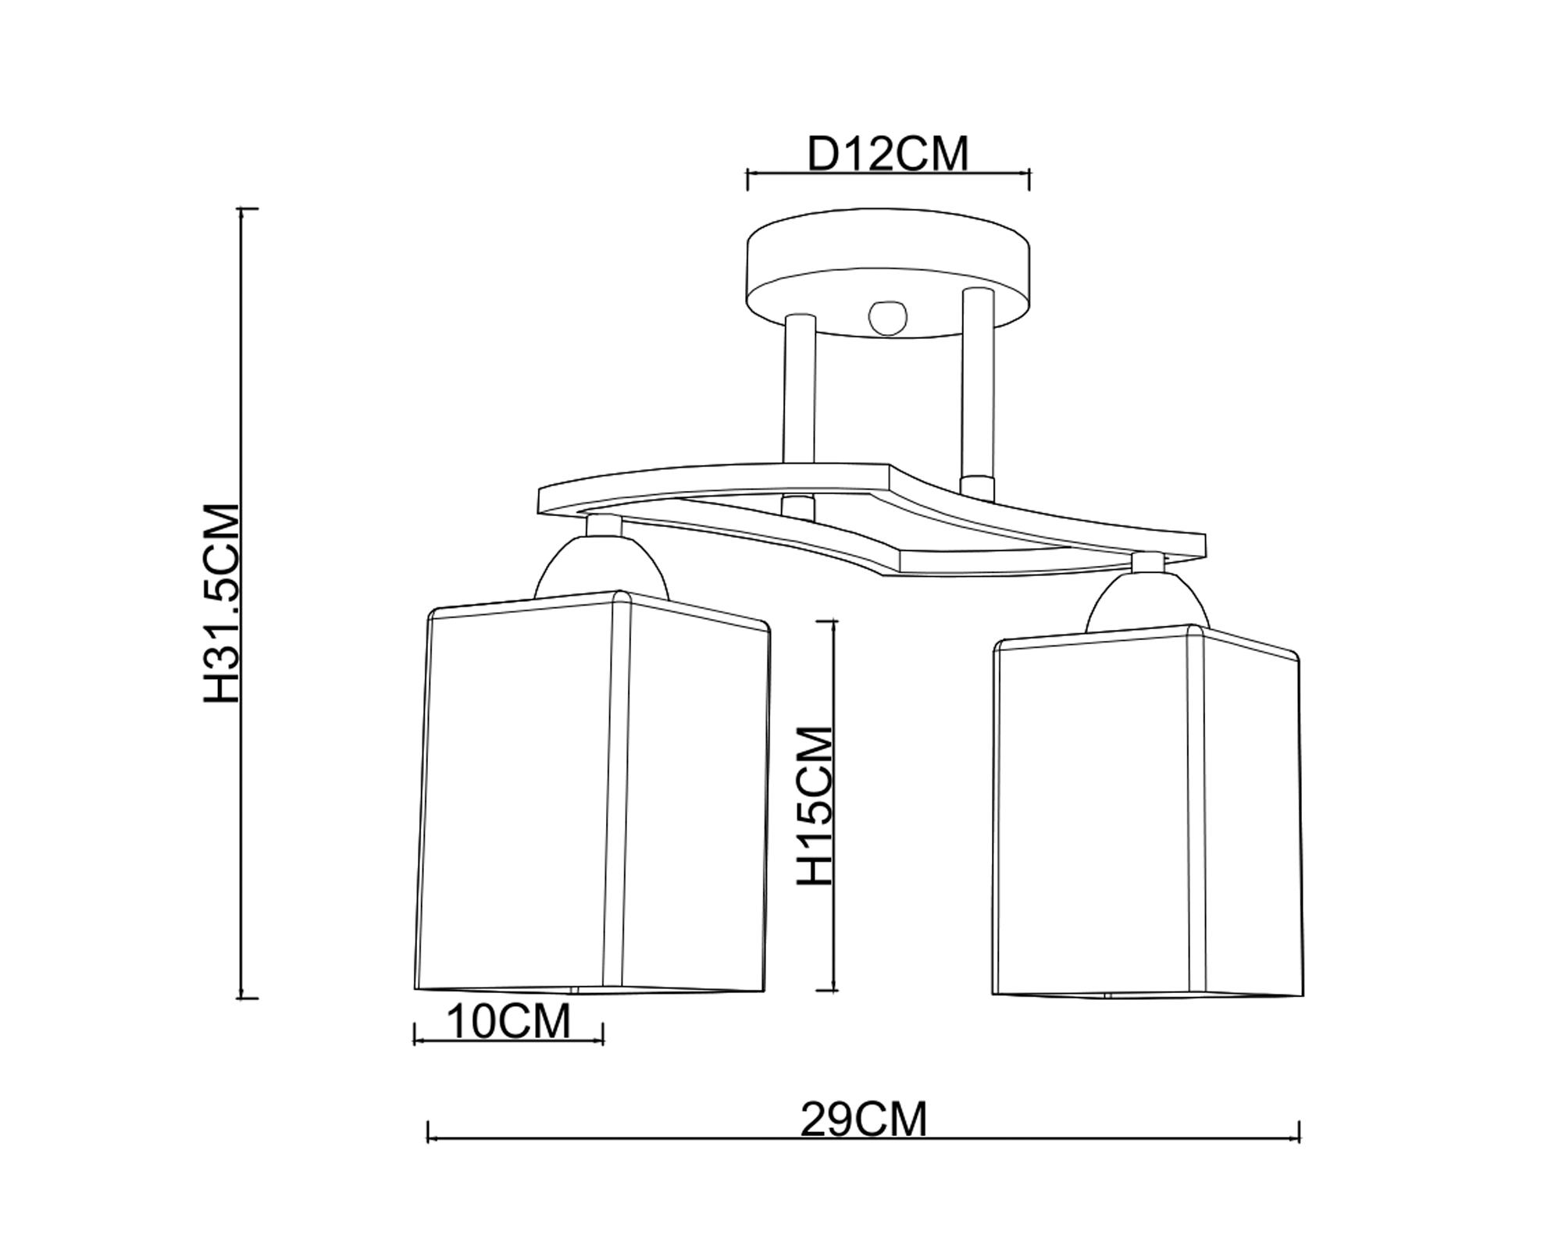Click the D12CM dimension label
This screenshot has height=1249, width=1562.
tap(887, 153)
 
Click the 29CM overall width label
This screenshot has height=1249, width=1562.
tap(864, 1120)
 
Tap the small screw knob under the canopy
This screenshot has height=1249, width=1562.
tap(888, 318)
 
